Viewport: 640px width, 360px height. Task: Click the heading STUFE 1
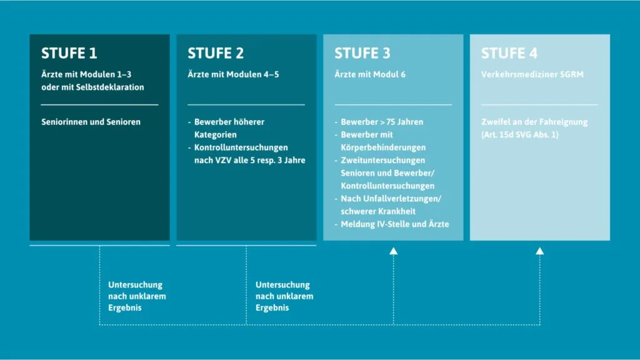tap(69, 53)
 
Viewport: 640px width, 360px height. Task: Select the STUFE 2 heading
tap(216, 53)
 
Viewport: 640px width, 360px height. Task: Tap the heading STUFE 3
tap(362, 53)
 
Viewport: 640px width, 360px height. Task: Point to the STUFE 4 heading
tap(509, 53)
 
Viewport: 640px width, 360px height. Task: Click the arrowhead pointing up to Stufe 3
tap(394, 251)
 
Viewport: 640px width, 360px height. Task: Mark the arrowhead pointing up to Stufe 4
tap(539, 251)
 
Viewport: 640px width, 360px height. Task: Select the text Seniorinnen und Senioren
tap(91, 122)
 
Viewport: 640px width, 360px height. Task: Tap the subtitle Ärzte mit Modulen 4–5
tap(233, 74)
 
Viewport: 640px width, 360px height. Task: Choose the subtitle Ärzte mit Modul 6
tap(370, 74)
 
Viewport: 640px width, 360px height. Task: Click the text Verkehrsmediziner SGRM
tap(532, 74)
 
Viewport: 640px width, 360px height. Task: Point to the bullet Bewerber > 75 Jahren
tap(382, 122)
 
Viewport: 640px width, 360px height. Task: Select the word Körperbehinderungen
tap(383, 147)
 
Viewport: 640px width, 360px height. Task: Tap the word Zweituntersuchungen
tap(383, 161)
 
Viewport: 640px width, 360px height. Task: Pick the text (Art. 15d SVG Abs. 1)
tap(519, 135)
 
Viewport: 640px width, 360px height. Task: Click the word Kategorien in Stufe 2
tap(215, 135)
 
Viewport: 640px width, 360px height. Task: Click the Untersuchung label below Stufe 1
tap(135, 284)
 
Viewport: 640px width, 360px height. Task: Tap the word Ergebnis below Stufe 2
tap(272, 307)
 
